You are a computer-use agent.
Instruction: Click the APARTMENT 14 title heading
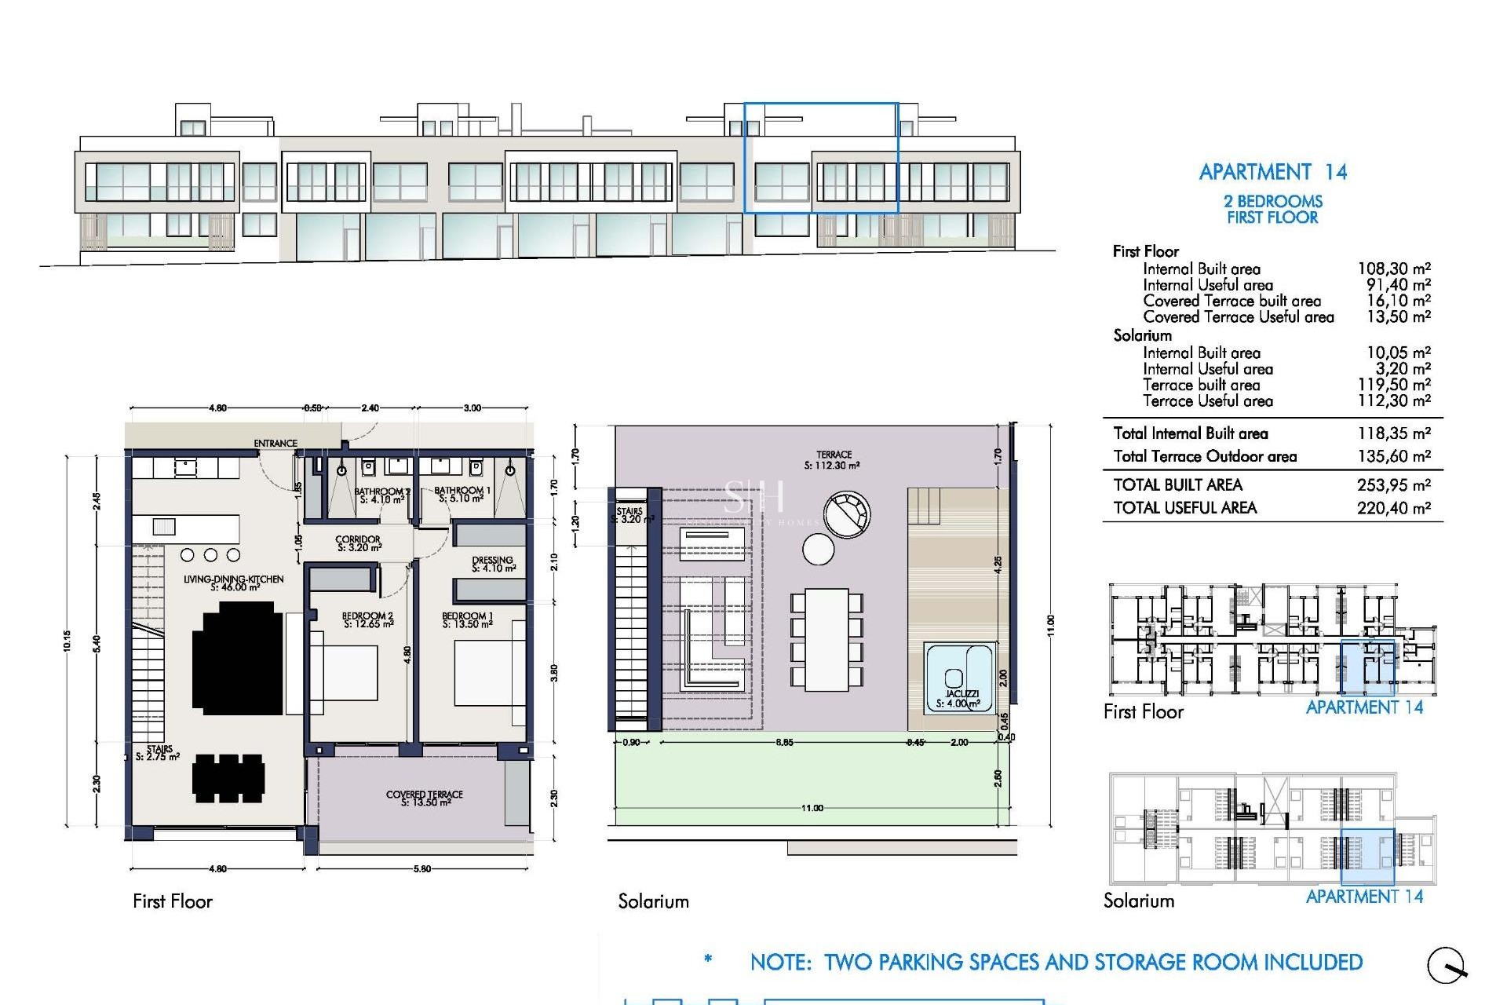click(1272, 172)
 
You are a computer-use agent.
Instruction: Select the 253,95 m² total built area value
click(1394, 485)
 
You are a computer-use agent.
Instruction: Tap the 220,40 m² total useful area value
click(1394, 508)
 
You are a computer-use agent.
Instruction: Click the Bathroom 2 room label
click(382, 495)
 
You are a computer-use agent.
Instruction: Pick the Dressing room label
click(493, 564)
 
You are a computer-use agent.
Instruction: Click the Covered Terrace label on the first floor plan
click(425, 798)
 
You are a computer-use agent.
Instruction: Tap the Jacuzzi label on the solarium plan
click(961, 699)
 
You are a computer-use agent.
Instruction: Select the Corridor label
click(358, 543)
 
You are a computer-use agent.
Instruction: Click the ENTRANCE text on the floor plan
click(275, 444)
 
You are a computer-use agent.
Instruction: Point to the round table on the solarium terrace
click(819, 549)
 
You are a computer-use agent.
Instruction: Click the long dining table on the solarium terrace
click(826, 640)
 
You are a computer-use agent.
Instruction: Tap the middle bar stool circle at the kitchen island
click(210, 555)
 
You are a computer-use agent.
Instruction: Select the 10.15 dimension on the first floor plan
click(68, 641)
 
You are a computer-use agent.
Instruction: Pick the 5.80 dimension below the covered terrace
click(422, 869)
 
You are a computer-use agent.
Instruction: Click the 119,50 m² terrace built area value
click(1394, 385)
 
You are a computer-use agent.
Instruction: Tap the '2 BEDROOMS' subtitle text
click(1272, 201)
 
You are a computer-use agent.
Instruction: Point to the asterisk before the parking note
click(709, 959)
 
